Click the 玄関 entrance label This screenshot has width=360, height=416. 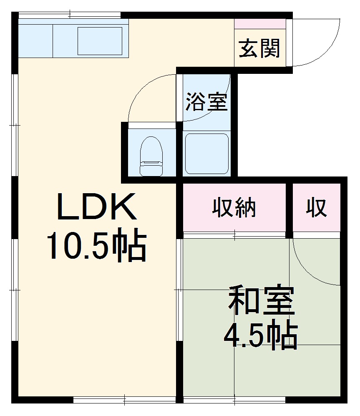(x=259, y=49)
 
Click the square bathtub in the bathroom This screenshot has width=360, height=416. (x=206, y=153)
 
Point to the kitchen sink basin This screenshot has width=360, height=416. (x=100, y=41)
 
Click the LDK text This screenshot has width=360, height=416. (x=96, y=207)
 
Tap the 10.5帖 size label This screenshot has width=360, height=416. (x=96, y=246)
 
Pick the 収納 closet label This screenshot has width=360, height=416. (x=234, y=207)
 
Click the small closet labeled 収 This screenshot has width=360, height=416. (x=317, y=207)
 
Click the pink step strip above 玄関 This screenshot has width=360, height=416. (x=260, y=24)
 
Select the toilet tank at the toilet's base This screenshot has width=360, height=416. (x=151, y=169)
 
